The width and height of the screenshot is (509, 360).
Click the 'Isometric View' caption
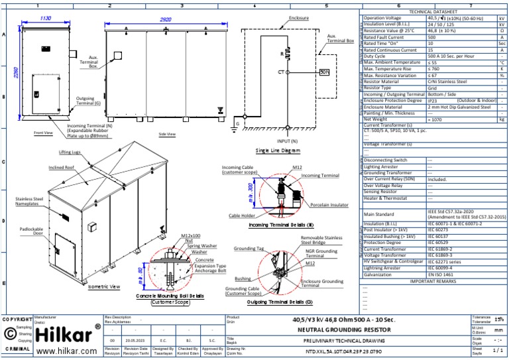(104, 287)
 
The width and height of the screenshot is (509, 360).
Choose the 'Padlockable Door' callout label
(30, 231)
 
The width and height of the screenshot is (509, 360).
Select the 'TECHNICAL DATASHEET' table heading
(433, 13)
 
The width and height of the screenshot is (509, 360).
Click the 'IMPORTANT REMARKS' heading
(433, 281)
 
